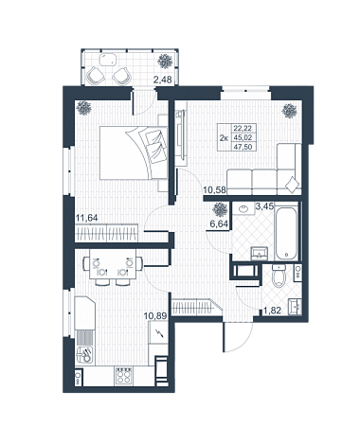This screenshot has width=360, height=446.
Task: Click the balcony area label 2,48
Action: [x=162, y=80]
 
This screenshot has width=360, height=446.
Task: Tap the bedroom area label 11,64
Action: [x=87, y=218]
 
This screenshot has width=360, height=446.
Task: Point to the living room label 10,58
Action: [x=214, y=190]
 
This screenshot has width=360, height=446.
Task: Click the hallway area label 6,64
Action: [x=219, y=223]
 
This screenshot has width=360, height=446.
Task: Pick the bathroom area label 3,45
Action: [x=264, y=207]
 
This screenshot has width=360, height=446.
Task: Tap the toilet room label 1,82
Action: [x=272, y=312]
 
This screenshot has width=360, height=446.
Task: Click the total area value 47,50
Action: [x=243, y=147]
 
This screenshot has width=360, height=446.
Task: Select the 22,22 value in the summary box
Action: [x=243, y=128]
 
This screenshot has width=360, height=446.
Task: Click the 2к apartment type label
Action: [x=224, y=137]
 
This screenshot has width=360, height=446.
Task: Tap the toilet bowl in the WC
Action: [x=279, y=276]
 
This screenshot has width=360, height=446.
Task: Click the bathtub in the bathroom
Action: [x=286, y=232]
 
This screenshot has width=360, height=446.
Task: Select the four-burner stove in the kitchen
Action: [x=123, y=376]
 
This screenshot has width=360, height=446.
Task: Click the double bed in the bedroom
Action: [x=134, y=152]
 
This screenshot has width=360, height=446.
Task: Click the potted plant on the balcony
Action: [x=165, y=61]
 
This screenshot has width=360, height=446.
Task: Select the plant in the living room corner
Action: [x=290, y=111]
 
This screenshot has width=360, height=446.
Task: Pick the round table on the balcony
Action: [x=108, y=60]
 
